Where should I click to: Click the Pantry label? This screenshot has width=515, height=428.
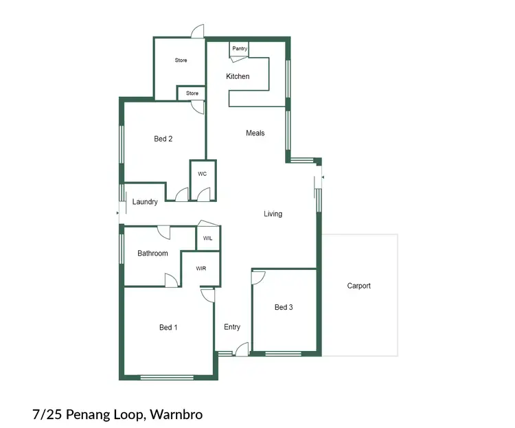(240, 49)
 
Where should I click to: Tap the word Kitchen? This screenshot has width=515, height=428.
(238, 76)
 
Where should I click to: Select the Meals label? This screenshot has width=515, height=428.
(255, 133)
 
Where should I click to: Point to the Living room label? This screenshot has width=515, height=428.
(273, 214)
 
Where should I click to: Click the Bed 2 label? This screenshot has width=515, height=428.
(163, 139)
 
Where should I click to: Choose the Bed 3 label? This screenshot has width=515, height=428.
(284, 307)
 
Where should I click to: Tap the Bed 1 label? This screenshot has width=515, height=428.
(168, 328)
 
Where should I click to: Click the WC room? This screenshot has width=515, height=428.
(203, 174)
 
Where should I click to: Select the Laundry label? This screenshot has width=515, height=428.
(145, 202)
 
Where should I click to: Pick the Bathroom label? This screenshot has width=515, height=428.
(152, 254)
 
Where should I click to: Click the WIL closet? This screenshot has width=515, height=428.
(208, 238)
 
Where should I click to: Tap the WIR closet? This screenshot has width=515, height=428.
(201, 269)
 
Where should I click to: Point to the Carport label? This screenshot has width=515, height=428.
(358, 286)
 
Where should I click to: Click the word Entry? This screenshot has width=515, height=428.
(232, 327)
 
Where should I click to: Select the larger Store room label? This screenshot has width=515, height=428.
(181, 60)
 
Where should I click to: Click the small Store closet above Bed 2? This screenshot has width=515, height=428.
(192, 93)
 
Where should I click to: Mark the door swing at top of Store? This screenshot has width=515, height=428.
(198, 31)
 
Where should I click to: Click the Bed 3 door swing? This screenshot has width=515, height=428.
(258, 277)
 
